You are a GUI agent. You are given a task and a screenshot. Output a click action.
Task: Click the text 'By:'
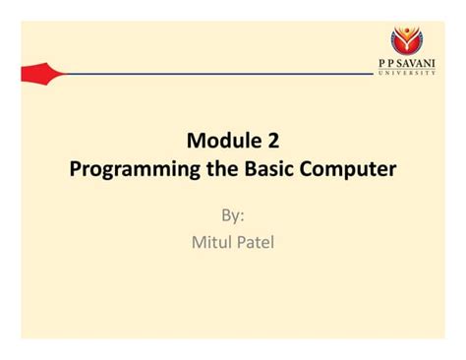[232, 213]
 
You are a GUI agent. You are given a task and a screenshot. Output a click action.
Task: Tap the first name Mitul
[211, 241]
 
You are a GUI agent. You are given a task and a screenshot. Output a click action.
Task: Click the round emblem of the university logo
[406, 38]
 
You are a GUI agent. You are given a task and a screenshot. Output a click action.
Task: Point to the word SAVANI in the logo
[418, 62]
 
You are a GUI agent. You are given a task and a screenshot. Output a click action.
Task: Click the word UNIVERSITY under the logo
[407, 72]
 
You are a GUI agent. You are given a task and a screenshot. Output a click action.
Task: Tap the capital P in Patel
[241, 241]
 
